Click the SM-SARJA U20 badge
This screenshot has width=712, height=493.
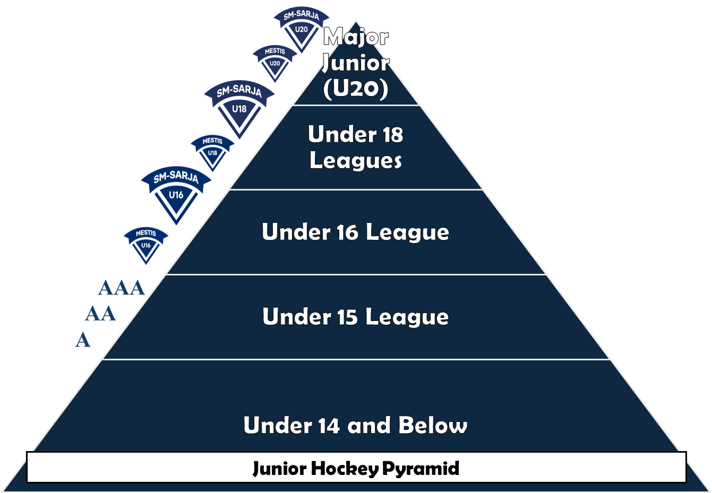point(301,27)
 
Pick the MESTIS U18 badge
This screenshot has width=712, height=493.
point(212,150)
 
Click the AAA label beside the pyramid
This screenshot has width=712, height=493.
point(122,288)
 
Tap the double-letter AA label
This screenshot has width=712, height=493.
point(100,314)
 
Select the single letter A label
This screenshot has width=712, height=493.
point(83,340)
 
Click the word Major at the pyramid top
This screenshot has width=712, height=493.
point(356,37)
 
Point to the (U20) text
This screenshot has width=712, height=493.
point(356,88)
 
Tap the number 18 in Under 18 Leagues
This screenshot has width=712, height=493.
point(392,135)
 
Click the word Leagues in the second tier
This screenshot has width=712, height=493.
point(356,161)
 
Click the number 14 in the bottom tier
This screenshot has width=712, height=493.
point(329,426)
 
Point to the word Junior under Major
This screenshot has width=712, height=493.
point(356,63)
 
